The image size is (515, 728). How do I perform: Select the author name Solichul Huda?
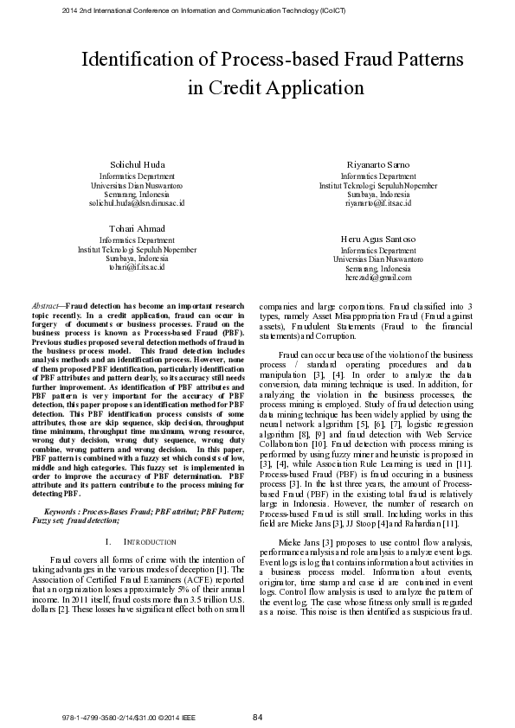[x=136, y=164]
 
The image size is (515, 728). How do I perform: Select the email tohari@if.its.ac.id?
[x=137, y=268]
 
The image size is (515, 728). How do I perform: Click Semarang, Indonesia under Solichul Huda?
[x=137, y=194]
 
